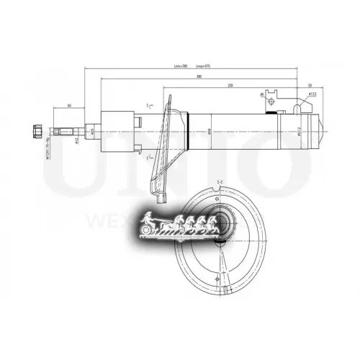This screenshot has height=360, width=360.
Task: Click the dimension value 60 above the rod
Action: point(68,104)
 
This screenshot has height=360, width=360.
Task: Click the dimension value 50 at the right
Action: point(308,84)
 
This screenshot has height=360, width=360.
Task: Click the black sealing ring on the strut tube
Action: point(271,112)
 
